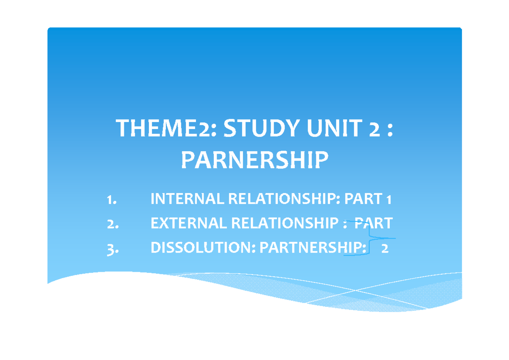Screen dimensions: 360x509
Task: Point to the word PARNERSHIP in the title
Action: [x=255, y=160]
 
